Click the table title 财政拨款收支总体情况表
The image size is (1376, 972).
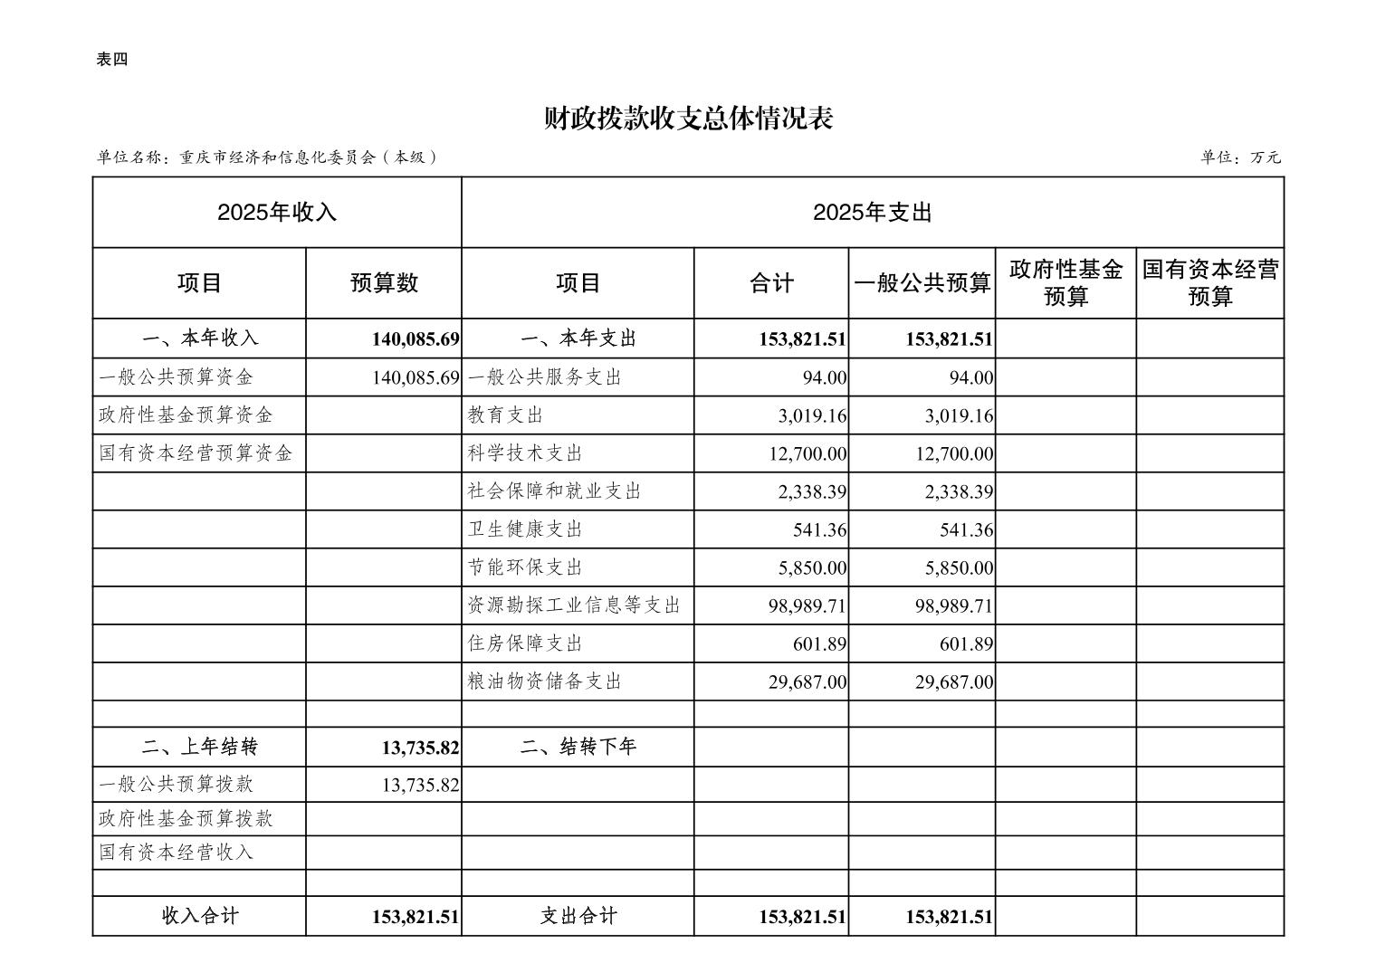point(688,119)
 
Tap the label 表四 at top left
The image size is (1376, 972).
point(112,60)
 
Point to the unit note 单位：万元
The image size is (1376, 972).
point(1240,157)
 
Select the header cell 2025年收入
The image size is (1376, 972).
point(277,213)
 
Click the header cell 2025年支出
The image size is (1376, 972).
point(872,213)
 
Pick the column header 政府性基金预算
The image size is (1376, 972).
point(1065,283)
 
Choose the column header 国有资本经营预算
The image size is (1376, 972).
point(1209,283)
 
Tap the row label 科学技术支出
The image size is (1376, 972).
point(525,453)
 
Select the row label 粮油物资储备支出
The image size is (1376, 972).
point(545,681)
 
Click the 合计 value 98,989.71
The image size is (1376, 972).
point(807,605)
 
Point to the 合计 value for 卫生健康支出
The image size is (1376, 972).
point(820,529)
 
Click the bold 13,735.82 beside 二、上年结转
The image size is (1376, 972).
point(421,748)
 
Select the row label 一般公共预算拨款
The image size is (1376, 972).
point(177,785)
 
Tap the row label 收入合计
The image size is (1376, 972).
point(200,916)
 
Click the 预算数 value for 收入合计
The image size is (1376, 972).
point(416,917)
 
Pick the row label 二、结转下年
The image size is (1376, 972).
point(578,748)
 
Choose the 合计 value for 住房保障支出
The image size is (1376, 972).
point(820,643)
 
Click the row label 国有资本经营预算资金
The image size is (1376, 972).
point(196,453)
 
